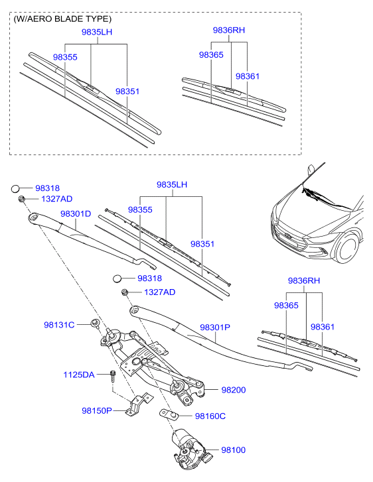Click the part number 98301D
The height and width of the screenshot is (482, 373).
(x=76, y=214)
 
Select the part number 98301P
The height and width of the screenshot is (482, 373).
(x=214, y=328)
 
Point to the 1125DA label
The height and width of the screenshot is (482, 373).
(x=79, y=375)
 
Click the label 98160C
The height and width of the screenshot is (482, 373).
(x=210, y=416)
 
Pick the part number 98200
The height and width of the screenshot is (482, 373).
(x=234, y=391)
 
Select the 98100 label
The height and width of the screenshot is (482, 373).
(x=234, y=450)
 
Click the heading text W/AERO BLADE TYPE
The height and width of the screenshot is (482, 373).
(x=62, y=19)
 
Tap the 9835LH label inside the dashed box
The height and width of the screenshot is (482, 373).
(x=97, y=32)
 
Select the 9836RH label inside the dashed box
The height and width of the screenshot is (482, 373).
(x=229, y=30)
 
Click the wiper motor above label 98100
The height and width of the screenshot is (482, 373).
(x=190, y=446)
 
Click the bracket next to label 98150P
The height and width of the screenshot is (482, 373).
(x=136, y=405)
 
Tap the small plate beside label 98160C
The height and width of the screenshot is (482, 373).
(x=170, y=414)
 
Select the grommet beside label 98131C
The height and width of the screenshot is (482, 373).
(x=95, y=323)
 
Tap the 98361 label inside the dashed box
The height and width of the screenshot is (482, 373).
(x=247, y=76)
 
